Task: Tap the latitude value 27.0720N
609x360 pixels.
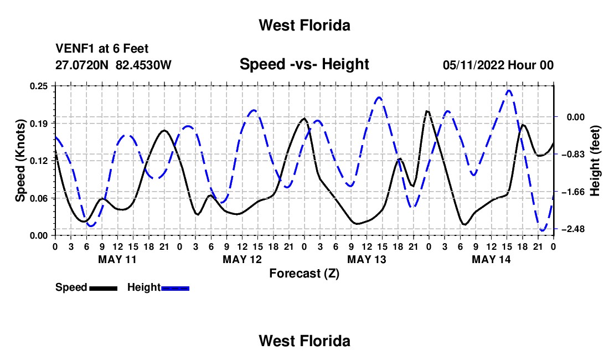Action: tap(82, 65)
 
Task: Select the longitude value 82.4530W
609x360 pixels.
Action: tap(143, 65)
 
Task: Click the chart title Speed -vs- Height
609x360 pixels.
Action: tap(304, 64)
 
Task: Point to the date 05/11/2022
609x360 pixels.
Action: tap(473, 65)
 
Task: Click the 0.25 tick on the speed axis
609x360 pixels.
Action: tap(39, 86)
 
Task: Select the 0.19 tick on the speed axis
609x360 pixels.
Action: tap(39, 124)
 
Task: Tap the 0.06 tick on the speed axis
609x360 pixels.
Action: tap(39, 198)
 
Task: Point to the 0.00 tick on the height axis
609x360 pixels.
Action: tap(576, 117)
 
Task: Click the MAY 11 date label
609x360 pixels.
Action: tap(117, 259)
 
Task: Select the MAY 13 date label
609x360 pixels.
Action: tap(367, 259)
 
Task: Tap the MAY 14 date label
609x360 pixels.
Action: tap(491, 259)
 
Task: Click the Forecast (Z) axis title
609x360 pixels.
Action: tap(304, 274)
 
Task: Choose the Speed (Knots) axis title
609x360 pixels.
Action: tap(20, 161)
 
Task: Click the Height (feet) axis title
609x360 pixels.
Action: tap(595, 161)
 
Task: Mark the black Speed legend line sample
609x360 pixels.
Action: tap(104, 288)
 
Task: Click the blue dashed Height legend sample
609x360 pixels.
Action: tap(175, 288)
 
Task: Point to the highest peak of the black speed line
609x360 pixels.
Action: tap(427, 111)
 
